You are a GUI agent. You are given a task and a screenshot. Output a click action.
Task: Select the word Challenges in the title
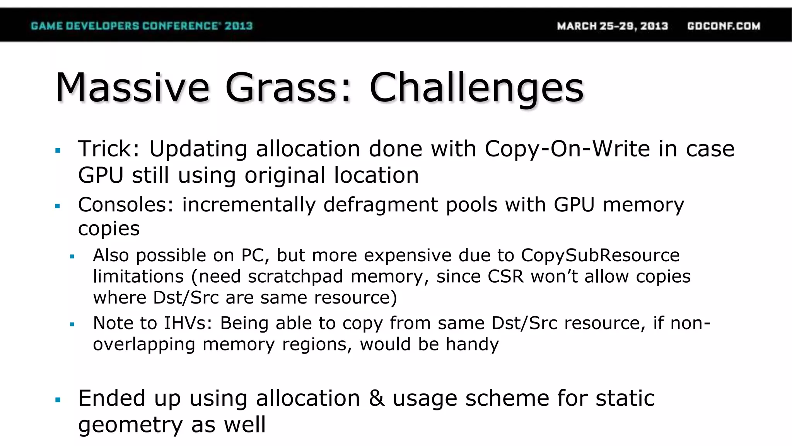[476, 88]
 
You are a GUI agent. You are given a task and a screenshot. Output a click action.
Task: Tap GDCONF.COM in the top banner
[724, 26]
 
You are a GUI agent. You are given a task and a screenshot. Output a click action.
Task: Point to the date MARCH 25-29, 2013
[613, 26]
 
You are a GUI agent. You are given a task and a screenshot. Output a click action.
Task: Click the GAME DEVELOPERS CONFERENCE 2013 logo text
[142, 26]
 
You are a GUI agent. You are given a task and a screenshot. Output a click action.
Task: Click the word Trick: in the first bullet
[109, 149]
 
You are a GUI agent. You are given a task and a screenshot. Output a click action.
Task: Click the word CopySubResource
[600, 256]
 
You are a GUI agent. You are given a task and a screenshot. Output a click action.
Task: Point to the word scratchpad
[295, 277]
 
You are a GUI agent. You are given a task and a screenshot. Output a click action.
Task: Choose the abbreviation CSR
[505, 277]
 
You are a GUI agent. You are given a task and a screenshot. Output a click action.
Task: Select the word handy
[472, 345]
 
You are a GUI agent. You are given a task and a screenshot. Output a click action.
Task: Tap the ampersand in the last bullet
[377, 398]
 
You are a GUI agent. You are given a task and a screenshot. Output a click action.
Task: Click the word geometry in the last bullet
[130, 425]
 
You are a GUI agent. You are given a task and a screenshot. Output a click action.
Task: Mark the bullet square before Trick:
[58, 151]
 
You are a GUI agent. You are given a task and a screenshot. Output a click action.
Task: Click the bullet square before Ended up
[58, 400]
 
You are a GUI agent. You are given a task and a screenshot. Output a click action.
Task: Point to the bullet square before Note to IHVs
[72, 324]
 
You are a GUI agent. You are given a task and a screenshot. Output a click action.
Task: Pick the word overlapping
[144, 345]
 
